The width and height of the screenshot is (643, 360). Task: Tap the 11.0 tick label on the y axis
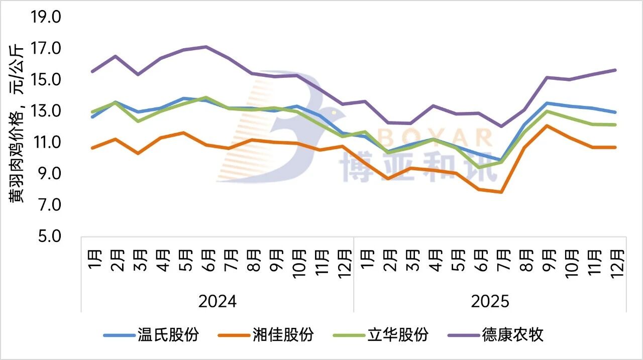coord(46,143)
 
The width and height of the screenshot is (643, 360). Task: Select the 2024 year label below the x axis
coord(218,302)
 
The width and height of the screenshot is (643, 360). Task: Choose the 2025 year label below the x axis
coord(490,302)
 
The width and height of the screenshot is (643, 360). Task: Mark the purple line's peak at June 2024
coord(206,47)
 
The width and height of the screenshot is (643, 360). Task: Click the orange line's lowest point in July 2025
coord(501,192)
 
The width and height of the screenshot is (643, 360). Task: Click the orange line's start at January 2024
coord(92,148)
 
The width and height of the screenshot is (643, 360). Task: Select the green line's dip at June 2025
coord(479,167)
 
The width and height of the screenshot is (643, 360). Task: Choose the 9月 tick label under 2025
coord(548,261)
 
